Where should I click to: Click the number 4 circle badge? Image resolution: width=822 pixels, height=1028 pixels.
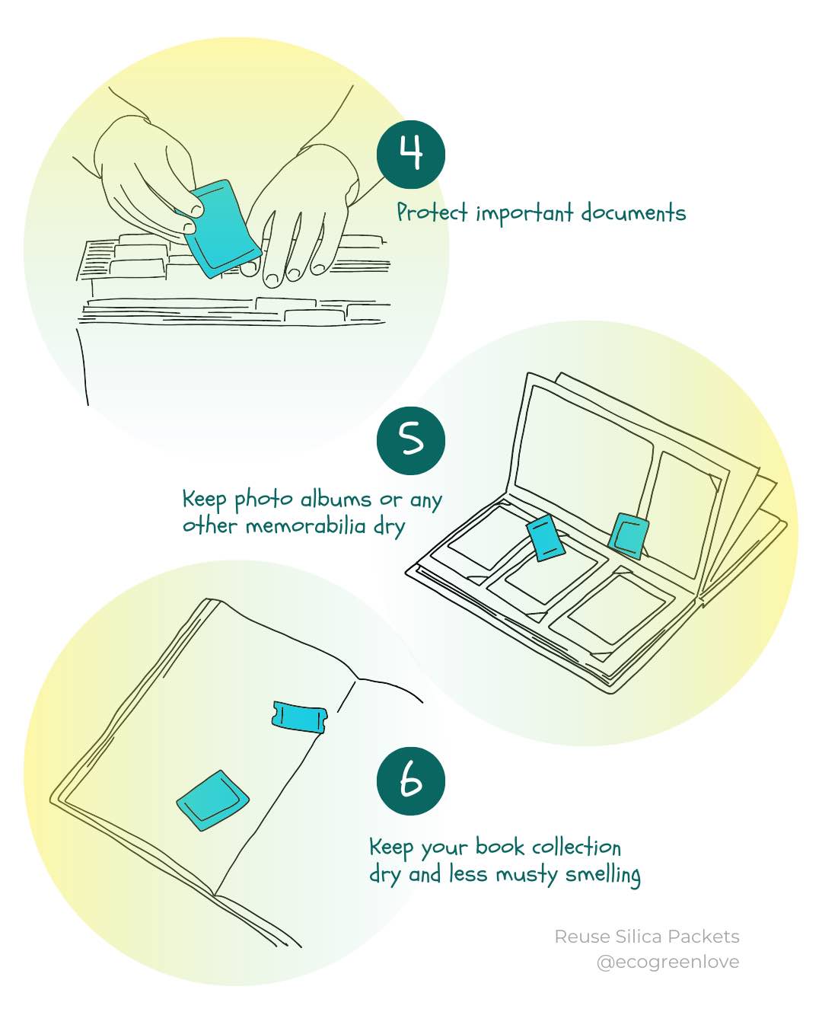(411, 155)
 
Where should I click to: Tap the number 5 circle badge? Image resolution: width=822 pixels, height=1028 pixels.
(411, 441)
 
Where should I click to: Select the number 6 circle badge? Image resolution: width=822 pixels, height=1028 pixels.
(411, 781)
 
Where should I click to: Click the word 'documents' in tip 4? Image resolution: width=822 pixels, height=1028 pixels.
(632, 212)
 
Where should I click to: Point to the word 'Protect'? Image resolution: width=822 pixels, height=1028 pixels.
(432, 212)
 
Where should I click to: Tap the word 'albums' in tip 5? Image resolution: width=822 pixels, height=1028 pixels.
(336, 500)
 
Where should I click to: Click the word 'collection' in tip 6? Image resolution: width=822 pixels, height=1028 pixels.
(576, 848)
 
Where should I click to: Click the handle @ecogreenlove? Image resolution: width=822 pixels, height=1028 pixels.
(667, 962)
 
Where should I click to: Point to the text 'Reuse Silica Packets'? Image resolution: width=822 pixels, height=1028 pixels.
(646, 937)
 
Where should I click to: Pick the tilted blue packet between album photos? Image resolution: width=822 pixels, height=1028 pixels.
(545, 537)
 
